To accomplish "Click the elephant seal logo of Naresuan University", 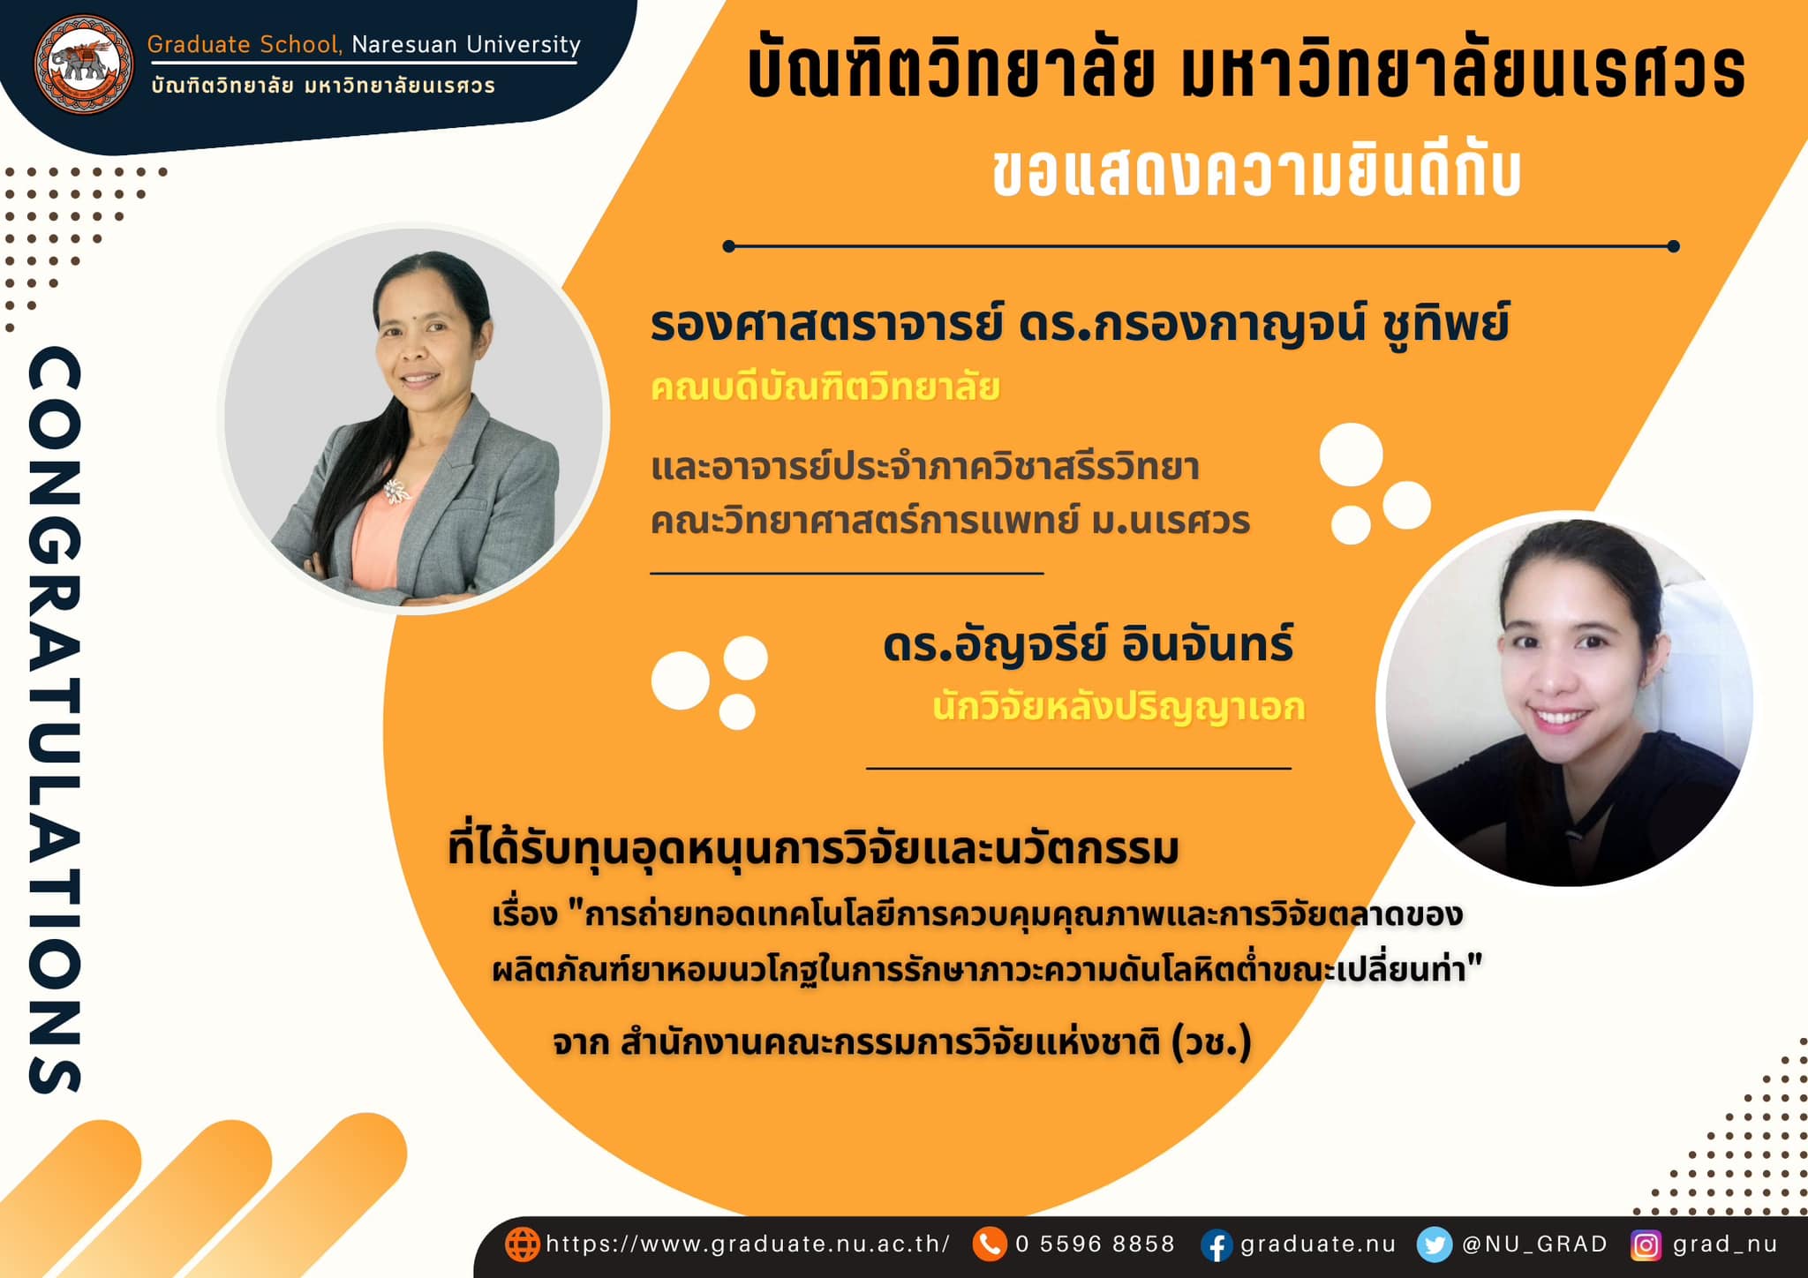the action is pyautogui.click(x=84, y=64).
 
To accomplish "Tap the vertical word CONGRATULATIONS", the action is pyautogui.click(x=55, y=719).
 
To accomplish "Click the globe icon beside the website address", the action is pyautogui.click(x=522, y=1244).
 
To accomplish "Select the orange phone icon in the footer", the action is pyautogui.click(x=990, y=1244).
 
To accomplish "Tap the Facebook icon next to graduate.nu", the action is pyautogui.click(x=1217, y=1245).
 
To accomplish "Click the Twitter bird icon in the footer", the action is pyautogui.click(x=1434, y=1245).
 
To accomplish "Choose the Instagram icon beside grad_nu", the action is pyautogui.click(x=1646, y=1245).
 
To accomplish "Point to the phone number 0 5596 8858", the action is pyautogui.click(x=1095, y=1244).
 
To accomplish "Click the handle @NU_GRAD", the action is pyautogui.click(x=1534, y=1244).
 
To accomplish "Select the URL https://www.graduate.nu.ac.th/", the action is pyautogui.click(x=748, y=1244).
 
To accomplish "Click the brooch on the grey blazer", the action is pyautogui.click(x=395, y=491).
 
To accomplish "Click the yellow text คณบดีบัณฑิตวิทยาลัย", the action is pyautogui.click(x=825, y=387).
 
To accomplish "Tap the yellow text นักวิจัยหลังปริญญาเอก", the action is pyautogui.click(x=1119, y=707).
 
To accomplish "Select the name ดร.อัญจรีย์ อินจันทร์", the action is pyautogui.click(x=1088, y=644).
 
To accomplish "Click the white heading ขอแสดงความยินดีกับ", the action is pyautogui.click(x=1257, y=172).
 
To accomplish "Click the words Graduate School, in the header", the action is pyautogui.click(x=245, y=45).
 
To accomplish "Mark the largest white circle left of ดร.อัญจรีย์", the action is pyautogui.click(x=681, y=680).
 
